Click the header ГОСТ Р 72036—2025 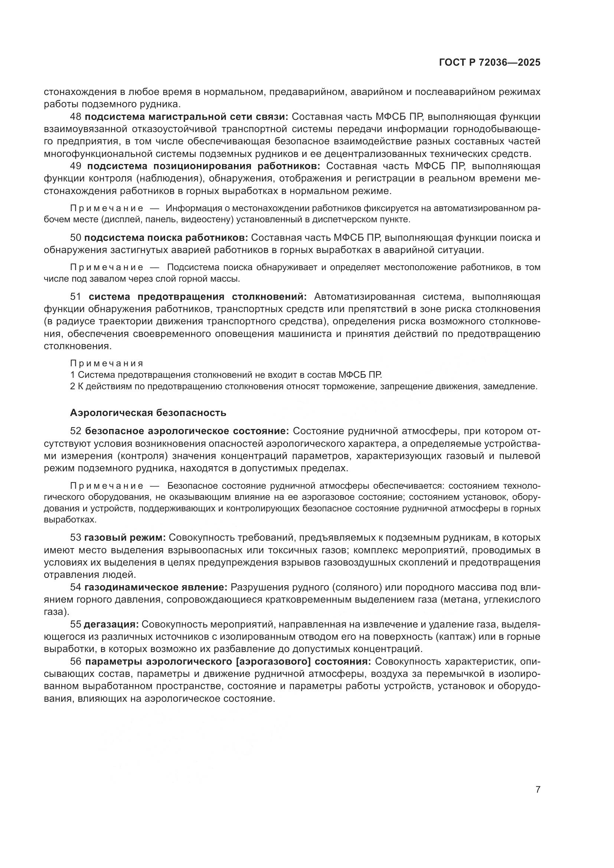pyautogui.click(x=490, y=63)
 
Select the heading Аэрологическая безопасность pyautogui.click(x=148, y=413)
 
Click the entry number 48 pyautogui.click(x=76, y=117)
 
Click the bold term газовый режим pyautogui.click(x=125, y=538)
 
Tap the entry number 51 pyautogui.click(x=76, y=297)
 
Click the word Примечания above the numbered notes pyautogui.click(x=107, y=363)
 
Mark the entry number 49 pyautogui.click(x=76, y=166)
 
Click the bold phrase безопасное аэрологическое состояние pyautogui.click(x=187, y=431)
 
